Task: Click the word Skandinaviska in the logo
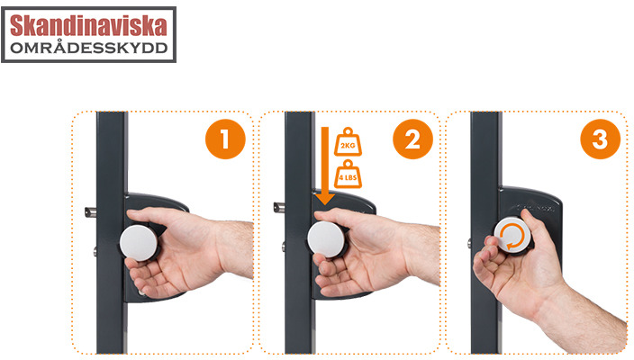[88, 25]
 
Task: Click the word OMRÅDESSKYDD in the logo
[88, 48]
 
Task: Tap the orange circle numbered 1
[225, 139]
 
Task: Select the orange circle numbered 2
[412, 139]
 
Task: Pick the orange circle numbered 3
[600, 139]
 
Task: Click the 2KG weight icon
[348, 142]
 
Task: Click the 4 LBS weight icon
[348, 174]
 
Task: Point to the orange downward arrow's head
[325, 199]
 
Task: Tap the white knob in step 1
[139, 243]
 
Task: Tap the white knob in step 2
[326, 239]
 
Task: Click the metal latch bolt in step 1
[90, 212]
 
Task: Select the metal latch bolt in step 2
[279, 208]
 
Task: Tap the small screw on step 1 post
[95, 252]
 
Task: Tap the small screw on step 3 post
[469, 243]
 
